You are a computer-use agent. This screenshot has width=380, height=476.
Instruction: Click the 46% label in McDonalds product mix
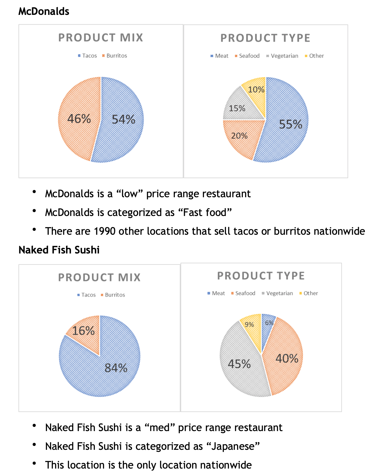point(79,119)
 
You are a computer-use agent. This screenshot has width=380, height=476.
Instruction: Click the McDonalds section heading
point(44,11)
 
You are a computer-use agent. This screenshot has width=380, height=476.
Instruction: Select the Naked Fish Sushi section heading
point(59,250)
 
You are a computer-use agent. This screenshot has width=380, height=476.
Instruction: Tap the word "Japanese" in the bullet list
point(233,446)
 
